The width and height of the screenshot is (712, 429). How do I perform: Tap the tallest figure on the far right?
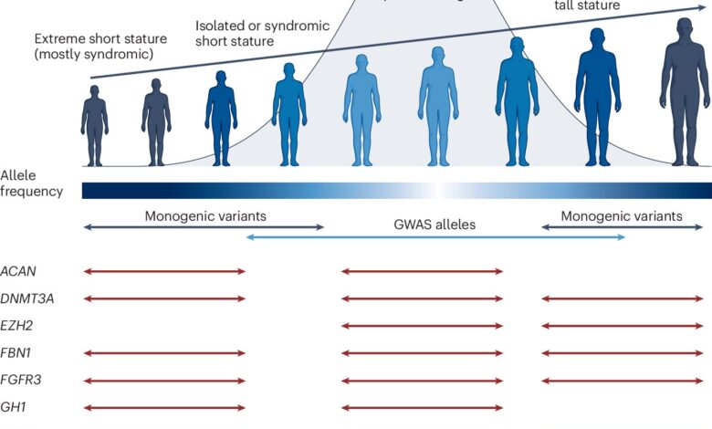coord(684,91)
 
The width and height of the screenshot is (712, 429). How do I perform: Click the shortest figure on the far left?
coord(94,124)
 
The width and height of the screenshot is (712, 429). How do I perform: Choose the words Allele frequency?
coord(31,183)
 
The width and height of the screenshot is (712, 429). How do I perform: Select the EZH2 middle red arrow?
coord(422,326)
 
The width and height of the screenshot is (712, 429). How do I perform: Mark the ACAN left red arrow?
coord(164,271)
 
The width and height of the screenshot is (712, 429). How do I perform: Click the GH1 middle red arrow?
coord(422,408)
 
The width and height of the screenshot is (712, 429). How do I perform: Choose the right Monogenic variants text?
coord(621,216)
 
